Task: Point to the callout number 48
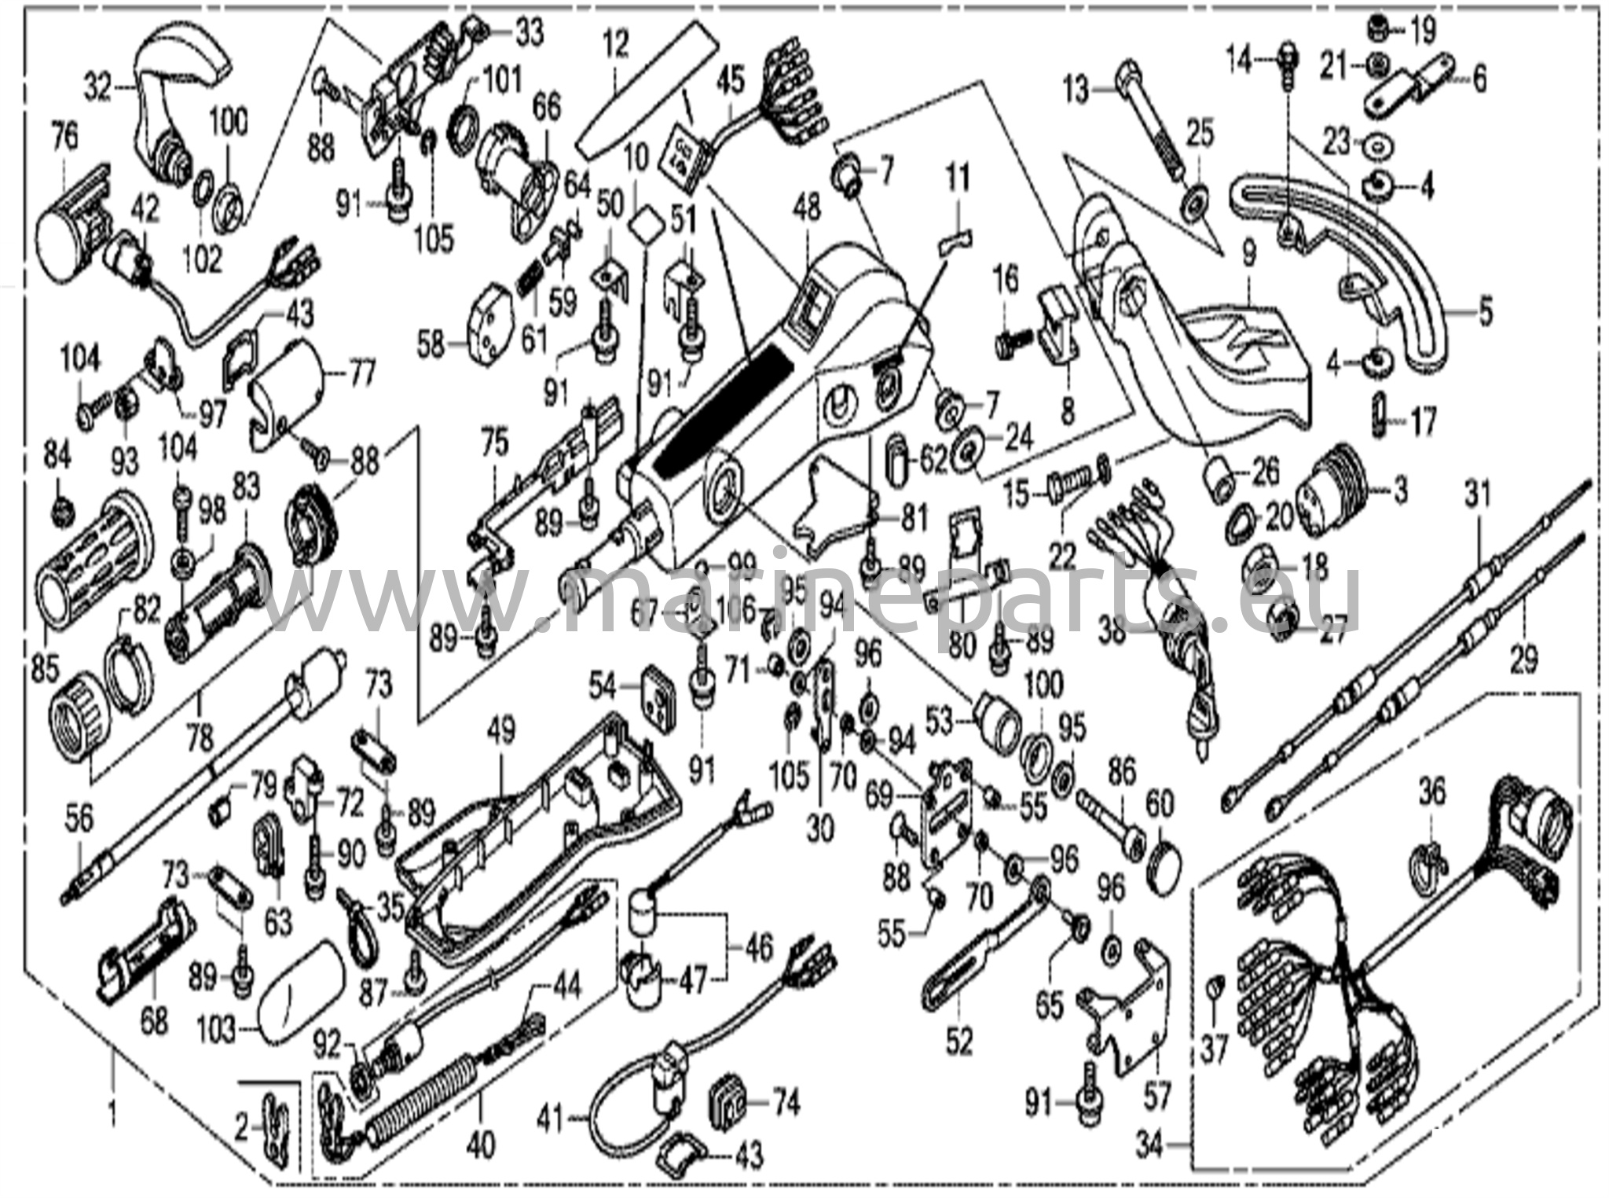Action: click(806, 208)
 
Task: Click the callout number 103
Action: click(217, 1031)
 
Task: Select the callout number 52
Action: click(959, 1042)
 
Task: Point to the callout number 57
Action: click(1157, 1095)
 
